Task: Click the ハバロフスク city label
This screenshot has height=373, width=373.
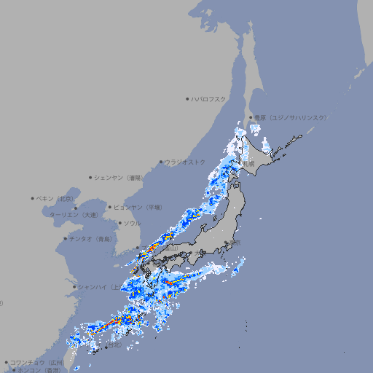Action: pos(209,98)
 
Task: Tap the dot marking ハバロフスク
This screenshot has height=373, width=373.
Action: pos(187,98)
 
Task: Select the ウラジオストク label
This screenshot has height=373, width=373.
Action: pos(185,162)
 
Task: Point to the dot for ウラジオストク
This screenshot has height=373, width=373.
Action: pos(162,162)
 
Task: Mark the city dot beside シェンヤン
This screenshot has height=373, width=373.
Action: pos(91,177)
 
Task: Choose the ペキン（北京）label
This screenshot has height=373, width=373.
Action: pos(57,198)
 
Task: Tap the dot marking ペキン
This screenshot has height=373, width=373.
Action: pos(33,198)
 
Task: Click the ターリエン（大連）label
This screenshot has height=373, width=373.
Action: pos(73,215)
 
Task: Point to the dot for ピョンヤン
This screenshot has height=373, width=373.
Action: pos(110,207)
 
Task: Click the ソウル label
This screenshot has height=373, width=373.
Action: pos(132,223)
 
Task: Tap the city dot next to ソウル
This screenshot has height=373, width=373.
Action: pos(119,223)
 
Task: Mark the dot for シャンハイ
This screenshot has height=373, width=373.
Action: pos(74,286)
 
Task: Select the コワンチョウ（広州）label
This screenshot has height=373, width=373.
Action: pos(36,362)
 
